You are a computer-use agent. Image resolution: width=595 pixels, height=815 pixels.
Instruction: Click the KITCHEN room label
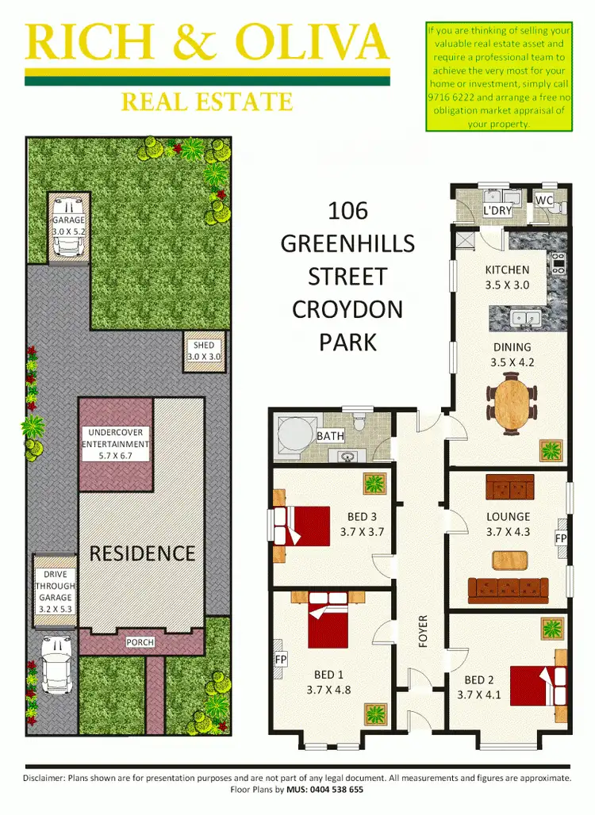tap(507, 270)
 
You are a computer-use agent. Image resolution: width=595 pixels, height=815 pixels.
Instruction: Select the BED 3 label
tap(361, 517)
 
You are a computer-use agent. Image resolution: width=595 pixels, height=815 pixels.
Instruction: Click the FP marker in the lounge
tap(561, 538)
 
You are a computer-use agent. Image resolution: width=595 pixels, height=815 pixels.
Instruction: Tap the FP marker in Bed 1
tap(280, 660)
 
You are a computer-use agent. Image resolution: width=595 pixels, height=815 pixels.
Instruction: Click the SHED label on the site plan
tap(204, 346)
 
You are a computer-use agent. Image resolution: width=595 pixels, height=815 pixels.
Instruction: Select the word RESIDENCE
tap(142, 553)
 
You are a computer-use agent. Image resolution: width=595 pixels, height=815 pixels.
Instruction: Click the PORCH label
tap(140, 642)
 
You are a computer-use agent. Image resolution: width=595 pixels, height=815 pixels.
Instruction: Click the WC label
tap(544, 201)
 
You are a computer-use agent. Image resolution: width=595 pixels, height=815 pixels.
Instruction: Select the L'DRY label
tap(497, 211)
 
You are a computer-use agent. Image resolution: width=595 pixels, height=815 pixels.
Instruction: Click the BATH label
tap(329, 436)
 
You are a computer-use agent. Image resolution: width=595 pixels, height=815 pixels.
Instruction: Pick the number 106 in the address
tap(347, 211)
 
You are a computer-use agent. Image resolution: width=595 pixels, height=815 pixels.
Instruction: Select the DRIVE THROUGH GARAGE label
tap(55, 587)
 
